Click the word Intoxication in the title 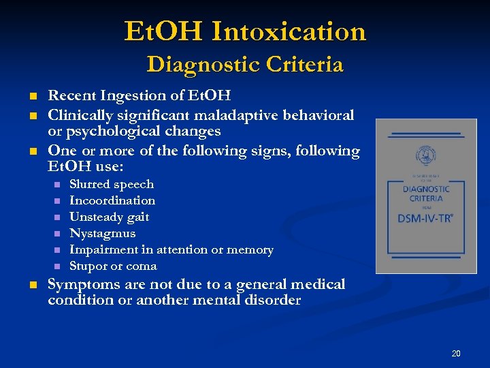289,31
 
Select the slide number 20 456,353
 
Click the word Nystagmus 102,233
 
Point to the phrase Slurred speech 112,184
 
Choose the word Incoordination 112,200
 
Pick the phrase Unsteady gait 109,217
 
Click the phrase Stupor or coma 113,266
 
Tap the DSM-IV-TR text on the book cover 426,217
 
